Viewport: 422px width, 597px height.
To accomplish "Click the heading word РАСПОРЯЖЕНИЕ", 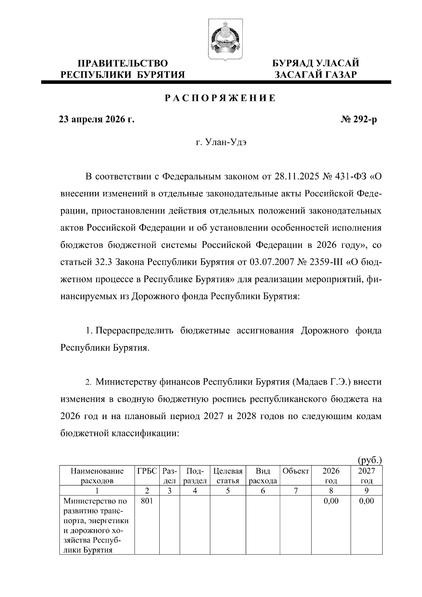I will click(x=220, y=98).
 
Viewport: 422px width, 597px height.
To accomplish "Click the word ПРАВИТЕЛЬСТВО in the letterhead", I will click(x=123, y=64).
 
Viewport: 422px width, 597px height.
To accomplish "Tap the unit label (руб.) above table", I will click(x=370, y=460).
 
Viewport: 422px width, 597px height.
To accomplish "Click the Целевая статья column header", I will click(x=228, y=476).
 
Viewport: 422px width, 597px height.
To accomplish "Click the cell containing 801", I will click(x=147, y=501).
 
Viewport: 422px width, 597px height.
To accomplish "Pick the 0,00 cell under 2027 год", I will click(x=366, y=501).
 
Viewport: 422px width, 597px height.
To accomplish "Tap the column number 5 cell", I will click(x=228, y=490).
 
